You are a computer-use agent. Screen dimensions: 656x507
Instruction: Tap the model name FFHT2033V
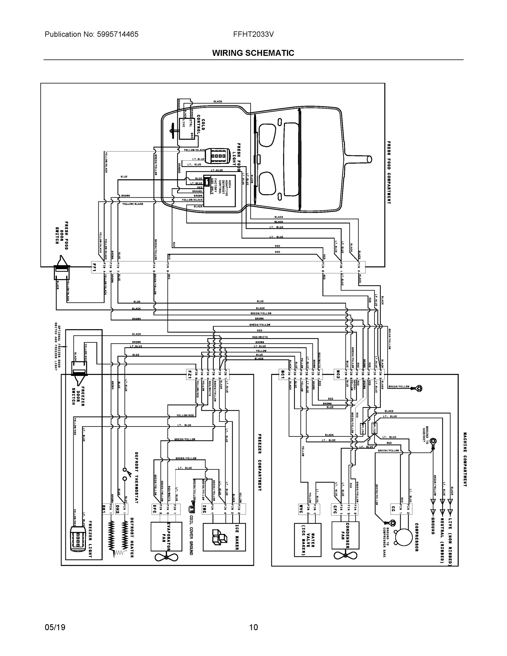pos(253,34)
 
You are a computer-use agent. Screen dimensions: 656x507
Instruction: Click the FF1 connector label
pos(94,267)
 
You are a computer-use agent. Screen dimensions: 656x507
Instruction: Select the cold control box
pos(186,128)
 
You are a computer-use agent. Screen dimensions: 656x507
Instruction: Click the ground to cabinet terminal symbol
pos(433,441)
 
